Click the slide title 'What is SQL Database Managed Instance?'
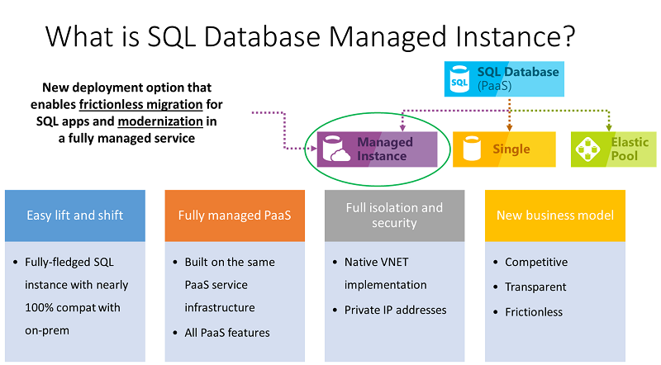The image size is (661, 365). coord(310,37)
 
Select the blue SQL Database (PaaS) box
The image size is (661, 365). coord(504,78)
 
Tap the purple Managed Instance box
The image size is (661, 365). coord(377,149)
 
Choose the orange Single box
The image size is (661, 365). coord(504,149)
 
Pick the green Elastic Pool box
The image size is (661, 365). coord(614,149)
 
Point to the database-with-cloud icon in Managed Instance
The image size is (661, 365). coord(339,150)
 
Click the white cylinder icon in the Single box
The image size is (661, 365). coord(473,149)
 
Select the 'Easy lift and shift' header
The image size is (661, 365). coord(75,216)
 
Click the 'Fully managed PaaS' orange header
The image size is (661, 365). coord(235,216)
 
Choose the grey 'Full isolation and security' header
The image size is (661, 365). coord(394,216)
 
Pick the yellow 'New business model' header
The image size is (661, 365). coord(554,216)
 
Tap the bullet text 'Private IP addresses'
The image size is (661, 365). coord(395,310)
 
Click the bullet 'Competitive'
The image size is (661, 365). coord(536,262)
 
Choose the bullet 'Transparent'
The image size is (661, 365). coord(535,287)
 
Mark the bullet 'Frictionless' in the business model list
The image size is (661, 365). coord(534,311)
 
